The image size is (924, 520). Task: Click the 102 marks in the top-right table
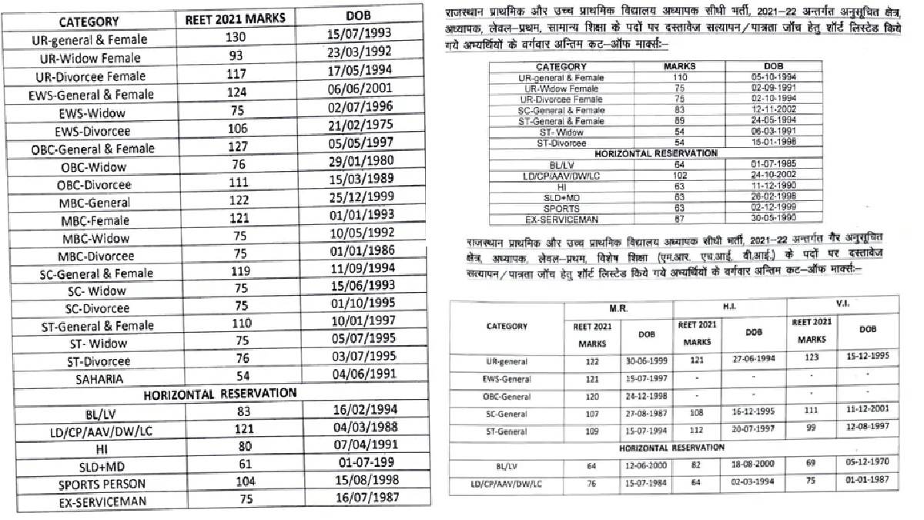tap(679, 175)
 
